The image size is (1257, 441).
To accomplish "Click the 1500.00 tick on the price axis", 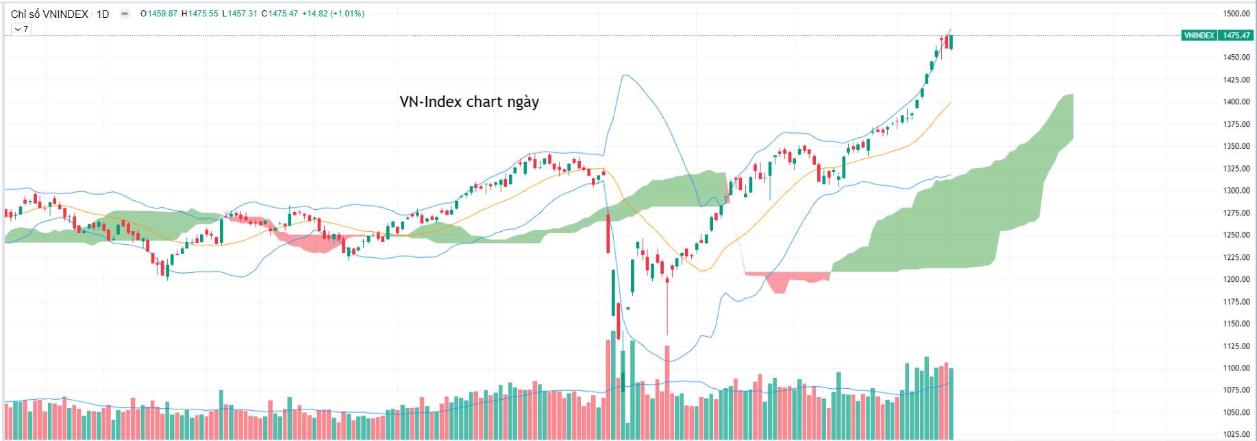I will click(x=1236, y=14).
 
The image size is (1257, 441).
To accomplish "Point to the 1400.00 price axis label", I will click(x=1236, y=102).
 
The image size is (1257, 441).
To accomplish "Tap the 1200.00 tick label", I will click(x=1236, y=279).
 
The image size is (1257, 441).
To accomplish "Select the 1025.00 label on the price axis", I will click(x=1236, y=434).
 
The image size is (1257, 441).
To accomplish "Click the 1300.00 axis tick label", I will click(x=1236, y=191).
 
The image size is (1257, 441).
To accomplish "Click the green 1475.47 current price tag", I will click(x=1236, y=36).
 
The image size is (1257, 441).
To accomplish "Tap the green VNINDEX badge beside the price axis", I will click(x=1199, y=36).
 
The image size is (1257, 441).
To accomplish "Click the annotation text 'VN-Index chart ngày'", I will click(x=469, y=102).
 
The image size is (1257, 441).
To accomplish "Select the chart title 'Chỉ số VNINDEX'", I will click(x=49, y=14).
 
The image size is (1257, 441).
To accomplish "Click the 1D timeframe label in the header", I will click(x=103, y=14).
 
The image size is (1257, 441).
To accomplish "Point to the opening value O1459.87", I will click(x=159, y=14).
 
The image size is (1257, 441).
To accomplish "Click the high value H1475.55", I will click(x=199, y=14).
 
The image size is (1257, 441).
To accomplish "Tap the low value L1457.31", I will click(x=240, y=14).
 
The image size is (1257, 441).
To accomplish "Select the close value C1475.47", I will click(x=279, y=14).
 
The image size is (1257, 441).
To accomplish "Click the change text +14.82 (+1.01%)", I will click(x=334, y=14).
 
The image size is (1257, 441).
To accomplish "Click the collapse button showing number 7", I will click(x=21, y=29).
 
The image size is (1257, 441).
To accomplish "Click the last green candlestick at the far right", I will click(x=951, y=42).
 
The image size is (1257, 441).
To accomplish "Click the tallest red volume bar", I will click(x=608, y=388).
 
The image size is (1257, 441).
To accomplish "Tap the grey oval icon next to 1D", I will click(x=125, y=14).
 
